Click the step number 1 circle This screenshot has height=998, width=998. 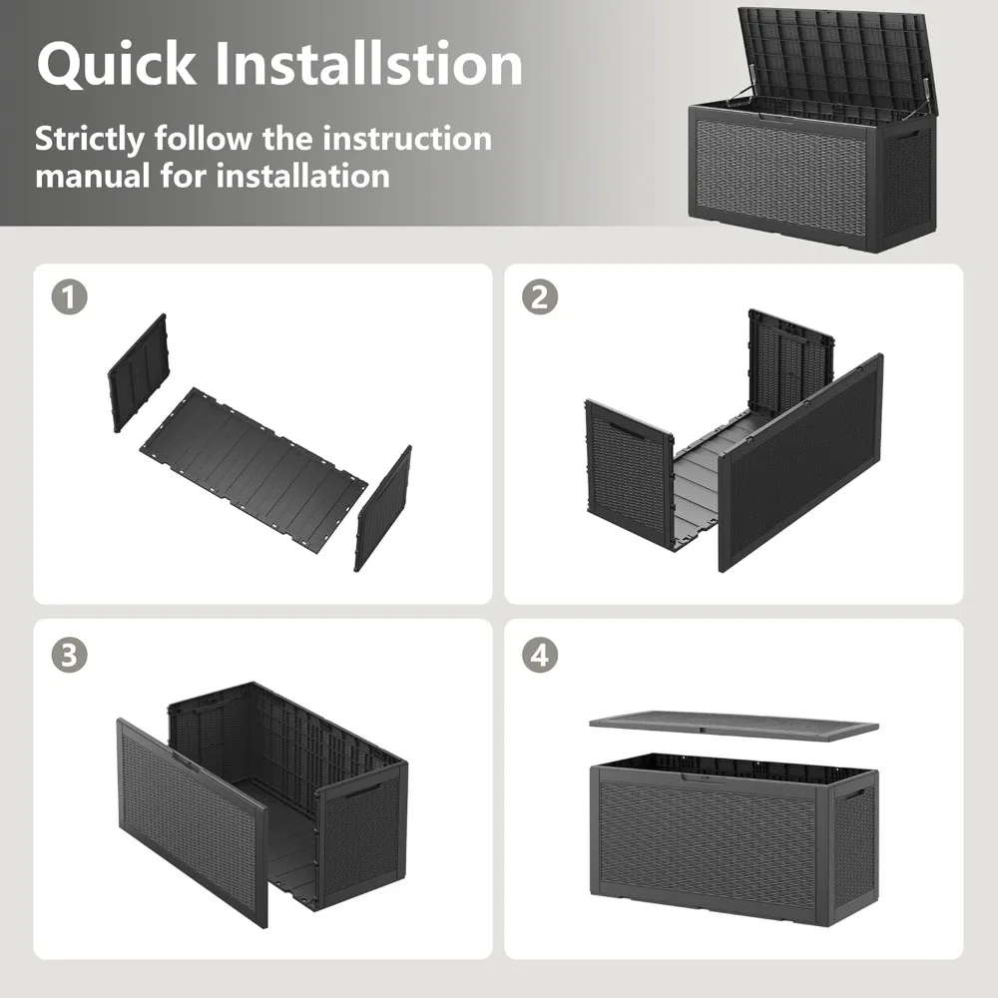(x=70, y=296)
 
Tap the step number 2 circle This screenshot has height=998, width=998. (x=540, y=296)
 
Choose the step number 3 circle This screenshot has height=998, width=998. (x=70, y=655)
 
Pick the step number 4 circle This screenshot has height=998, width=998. (x=540, y=655)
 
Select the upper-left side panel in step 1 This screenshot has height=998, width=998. (x=139, y=371)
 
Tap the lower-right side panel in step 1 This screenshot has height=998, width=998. (x=382, y=508)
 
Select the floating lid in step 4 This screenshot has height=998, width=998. (x=734, y=724)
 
